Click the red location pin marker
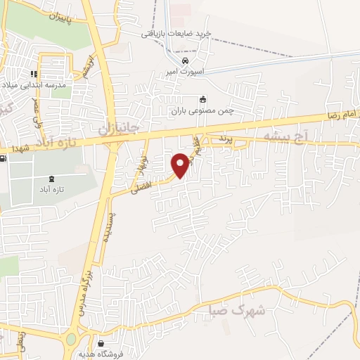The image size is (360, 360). (181, 165)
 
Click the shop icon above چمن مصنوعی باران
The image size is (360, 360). (204, 99)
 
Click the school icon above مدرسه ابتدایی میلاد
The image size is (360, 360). (33, 74)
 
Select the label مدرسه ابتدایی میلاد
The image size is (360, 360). (34, 84)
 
